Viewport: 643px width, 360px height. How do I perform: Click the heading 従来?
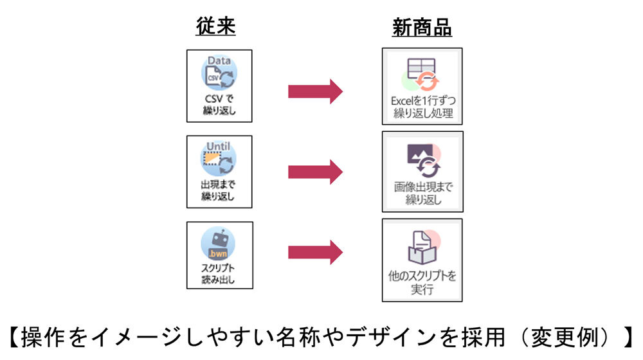[215, 28]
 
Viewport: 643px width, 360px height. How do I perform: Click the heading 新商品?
[422, 28]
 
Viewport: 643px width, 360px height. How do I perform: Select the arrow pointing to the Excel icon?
[315, 91]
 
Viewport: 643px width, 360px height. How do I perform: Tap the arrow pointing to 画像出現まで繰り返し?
[315, 172]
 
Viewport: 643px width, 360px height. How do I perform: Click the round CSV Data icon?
[219, 75]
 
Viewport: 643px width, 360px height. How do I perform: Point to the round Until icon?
[219, 159]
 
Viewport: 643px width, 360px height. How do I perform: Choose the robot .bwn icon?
[219, 245]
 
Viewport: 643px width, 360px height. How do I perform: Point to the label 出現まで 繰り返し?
[219, 190]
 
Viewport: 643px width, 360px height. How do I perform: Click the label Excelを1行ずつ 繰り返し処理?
[422, 107]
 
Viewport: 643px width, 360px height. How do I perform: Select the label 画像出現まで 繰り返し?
[422, 194]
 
